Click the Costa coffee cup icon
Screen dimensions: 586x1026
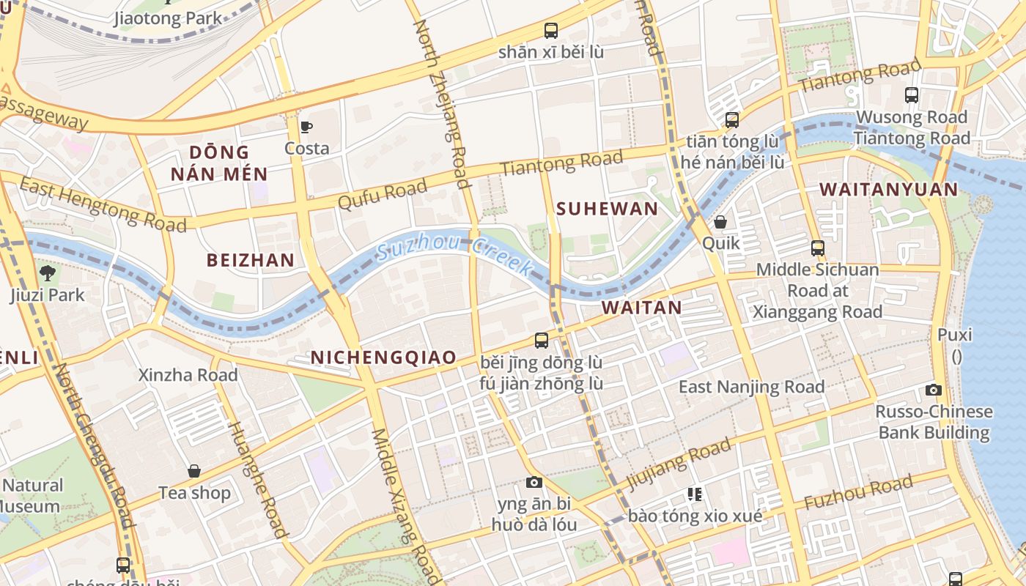tap(306, 127)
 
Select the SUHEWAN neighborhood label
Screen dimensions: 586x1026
tap(607, 209)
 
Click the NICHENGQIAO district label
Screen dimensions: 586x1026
tap(383, 357)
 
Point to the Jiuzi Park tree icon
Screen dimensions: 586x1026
tap(48, 274)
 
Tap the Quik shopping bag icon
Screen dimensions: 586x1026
tap(720, 221)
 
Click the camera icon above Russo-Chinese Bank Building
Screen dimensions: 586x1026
tap(934, 390)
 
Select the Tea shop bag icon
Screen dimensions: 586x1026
tap(194, 471)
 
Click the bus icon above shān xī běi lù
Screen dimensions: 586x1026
tap(551, 31)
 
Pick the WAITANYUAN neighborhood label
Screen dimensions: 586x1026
tap(888, 190)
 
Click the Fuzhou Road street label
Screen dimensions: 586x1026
tap(858, 492)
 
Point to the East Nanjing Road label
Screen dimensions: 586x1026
tap(751, 387)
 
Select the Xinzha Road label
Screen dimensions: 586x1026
tap(188, 375)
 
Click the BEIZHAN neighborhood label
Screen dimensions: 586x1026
tap(250, 260)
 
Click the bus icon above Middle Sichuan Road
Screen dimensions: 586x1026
tap(817, 248)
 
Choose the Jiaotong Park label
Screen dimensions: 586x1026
tap(168, 18)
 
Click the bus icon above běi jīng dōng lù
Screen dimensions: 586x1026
tap(542, 341)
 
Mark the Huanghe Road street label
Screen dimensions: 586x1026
tap(256, 480)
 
